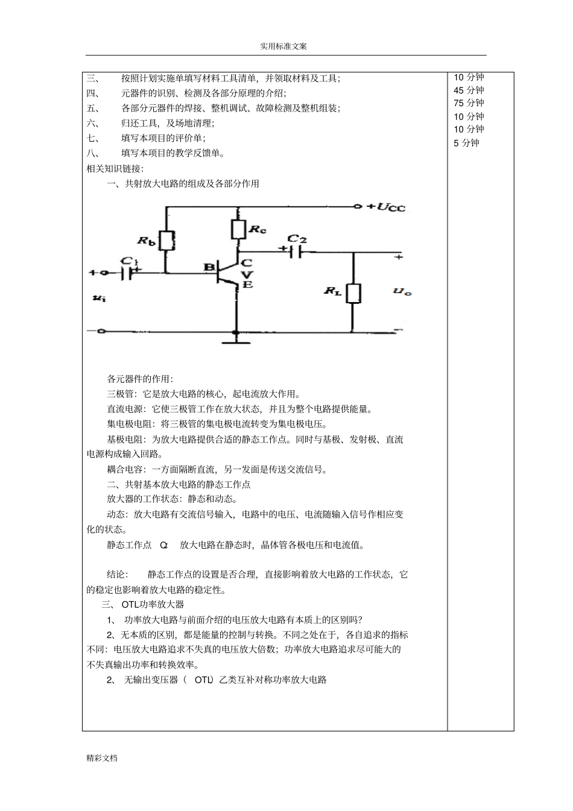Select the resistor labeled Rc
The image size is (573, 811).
(x=238, y=229)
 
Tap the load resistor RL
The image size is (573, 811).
(x=353, y=293)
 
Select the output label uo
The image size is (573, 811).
(x=402, y=292)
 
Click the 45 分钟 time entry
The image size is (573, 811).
(x=469, y=90)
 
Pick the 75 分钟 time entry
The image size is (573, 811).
(x=469, y=103)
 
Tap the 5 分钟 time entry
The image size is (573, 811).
(x=466, y=143)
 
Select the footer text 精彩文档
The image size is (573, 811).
(x=102, y=758)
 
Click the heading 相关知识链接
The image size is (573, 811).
(x=115, y=168)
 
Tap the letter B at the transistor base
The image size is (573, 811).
(x=208, y=267)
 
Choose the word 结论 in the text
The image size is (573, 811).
(x=117, y=575)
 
